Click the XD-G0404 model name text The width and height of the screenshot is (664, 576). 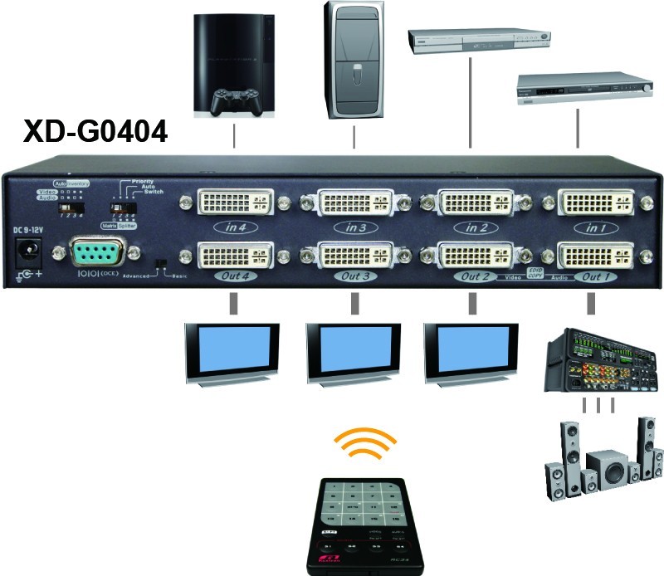point(95,131)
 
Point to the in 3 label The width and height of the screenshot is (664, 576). point(355,226)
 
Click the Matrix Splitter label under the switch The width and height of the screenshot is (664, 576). point(119,225)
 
